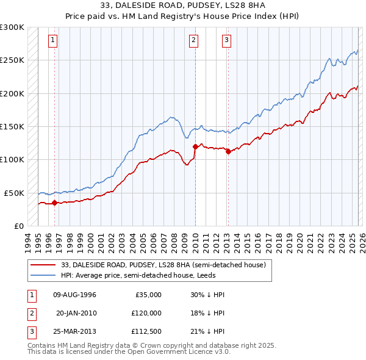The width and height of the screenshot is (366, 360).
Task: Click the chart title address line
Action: coord(182,5)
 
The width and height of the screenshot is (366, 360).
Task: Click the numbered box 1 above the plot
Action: coord(54,41)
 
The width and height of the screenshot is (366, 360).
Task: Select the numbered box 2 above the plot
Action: coord(193,41)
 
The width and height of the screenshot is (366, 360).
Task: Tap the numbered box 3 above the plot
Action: coord(226,41)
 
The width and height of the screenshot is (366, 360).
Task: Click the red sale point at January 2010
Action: coord(195,146)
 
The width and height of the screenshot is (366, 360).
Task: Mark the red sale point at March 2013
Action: coord(228,152)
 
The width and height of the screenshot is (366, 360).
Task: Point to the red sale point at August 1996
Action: coord(55,203)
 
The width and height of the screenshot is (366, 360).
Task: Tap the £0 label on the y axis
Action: coord(18,226)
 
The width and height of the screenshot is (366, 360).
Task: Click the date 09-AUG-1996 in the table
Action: coord(74,295)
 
